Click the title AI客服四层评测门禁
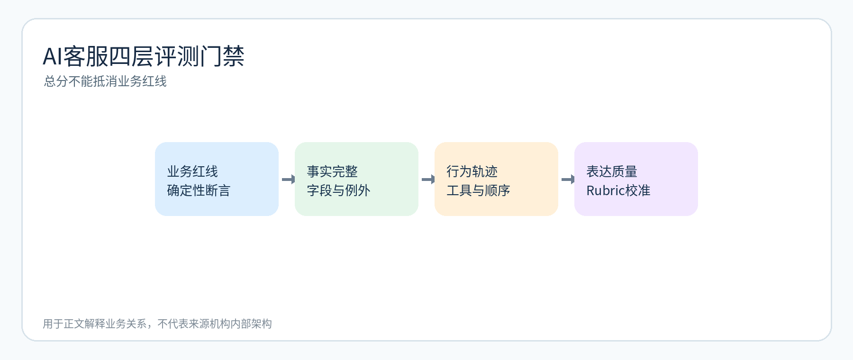click(x=144, y=56)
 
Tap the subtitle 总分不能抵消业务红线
click(x=105, y=81)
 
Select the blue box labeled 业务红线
click(x=217, y=179)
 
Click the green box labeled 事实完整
click(x=356, y=179)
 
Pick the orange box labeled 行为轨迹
click(x=496, y=179)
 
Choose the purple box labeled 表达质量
click(x=636, y=179)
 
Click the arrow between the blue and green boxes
click(x=288, y=179)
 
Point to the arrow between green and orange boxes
click(x=428, y=179)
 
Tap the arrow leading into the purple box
click(x=568, y=179)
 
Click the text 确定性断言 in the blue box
click(x=199, y=190)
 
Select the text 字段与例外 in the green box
click(x=338, y=190)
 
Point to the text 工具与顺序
click(x=478, y=190)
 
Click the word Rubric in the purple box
click(x=606, y=190)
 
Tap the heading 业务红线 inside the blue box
click(x=192, y=171)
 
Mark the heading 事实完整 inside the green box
click(x=332, y=171)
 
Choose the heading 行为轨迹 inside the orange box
click(x=472, y=171)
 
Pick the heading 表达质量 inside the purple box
click(x=612, y=171)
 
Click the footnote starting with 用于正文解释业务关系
click(x=157, y=324)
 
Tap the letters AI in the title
click(x=53, y=57)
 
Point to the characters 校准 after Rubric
click(x=638, y=190)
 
